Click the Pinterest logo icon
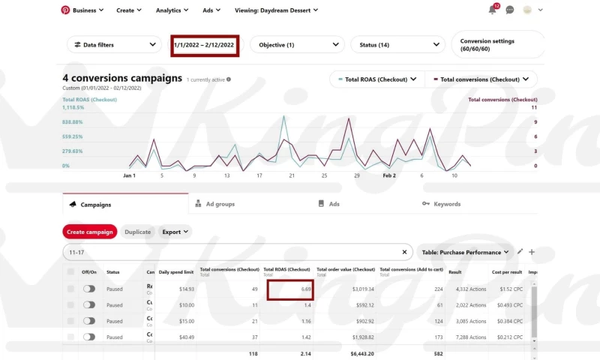point(65,10)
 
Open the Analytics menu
point(172,10)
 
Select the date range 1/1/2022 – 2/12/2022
point(204,45)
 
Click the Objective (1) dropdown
point(297,45)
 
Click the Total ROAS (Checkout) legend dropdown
point(374,79)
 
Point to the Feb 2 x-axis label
point(389,175)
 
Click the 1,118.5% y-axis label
point(74,107)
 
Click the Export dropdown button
point(175,232)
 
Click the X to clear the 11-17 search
point(404,253)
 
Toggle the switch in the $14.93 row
point(89,288)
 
